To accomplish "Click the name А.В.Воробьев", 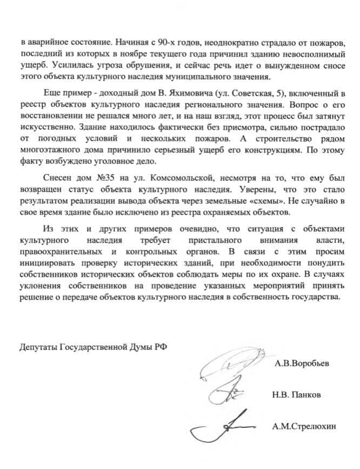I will [302, 364].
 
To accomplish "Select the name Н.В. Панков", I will [297, 395].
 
